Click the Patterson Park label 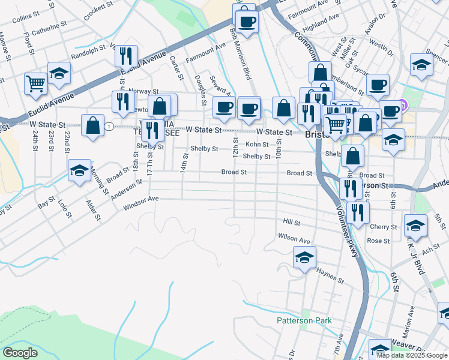coord(304,321)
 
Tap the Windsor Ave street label coord(140,202)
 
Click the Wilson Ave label coord(294,238)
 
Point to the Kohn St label coord(257,145)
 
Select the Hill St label coord(291,221)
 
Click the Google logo coord(20,353)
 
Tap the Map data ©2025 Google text coord(411,355)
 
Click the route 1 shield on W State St coord(109,127)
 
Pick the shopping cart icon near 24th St coord(35,83)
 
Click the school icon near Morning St coord(79,170)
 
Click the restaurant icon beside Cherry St coord(358,212)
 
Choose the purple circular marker coord(403,105)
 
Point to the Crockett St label coord(95,11)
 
